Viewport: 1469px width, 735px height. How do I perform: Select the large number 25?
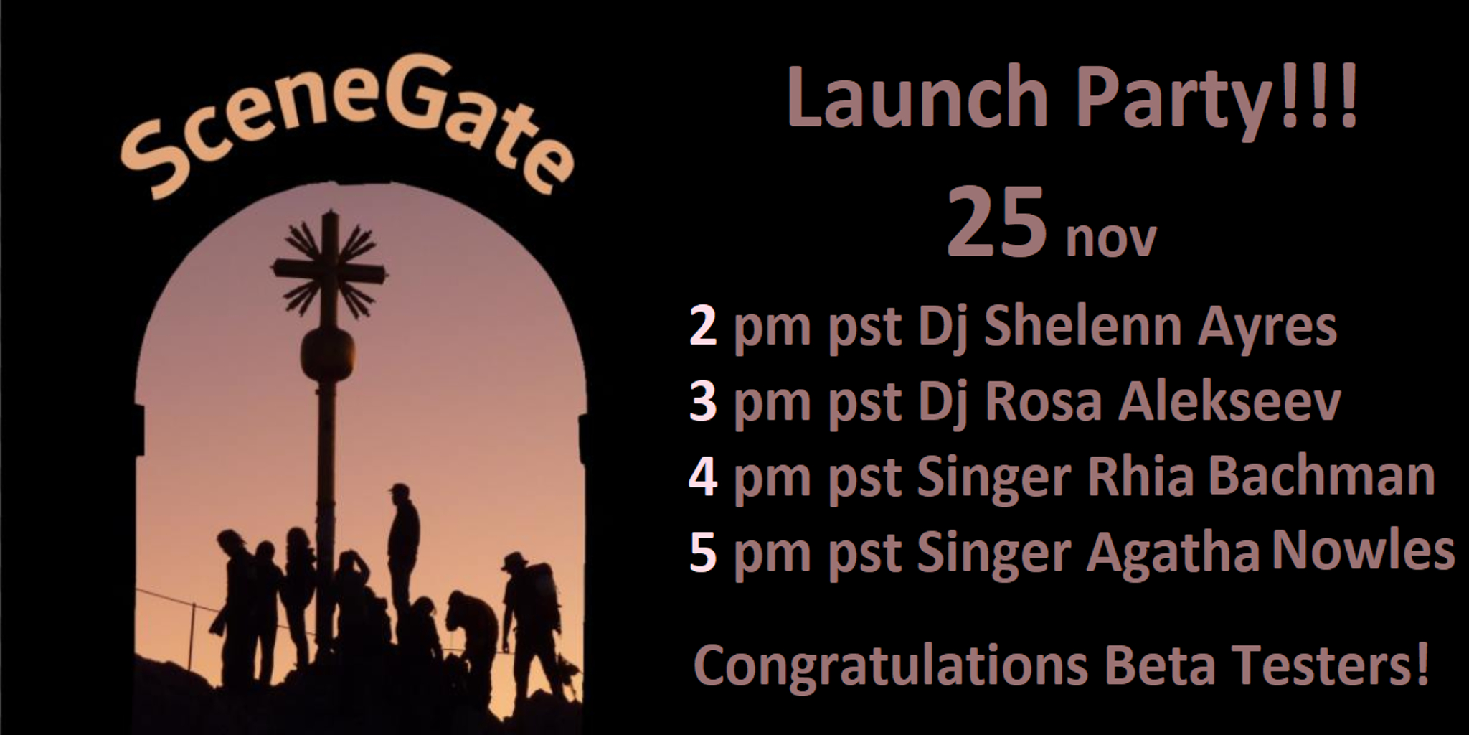point(997,222)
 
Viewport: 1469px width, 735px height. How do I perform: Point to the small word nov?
point(1111,239)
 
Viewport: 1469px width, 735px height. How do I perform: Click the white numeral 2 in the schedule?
point(703,327)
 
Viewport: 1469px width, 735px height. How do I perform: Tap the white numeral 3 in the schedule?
point(703,403)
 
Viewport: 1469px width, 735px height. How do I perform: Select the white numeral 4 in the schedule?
point(703,477)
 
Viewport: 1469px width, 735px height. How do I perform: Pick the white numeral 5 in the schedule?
point(703,553)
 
